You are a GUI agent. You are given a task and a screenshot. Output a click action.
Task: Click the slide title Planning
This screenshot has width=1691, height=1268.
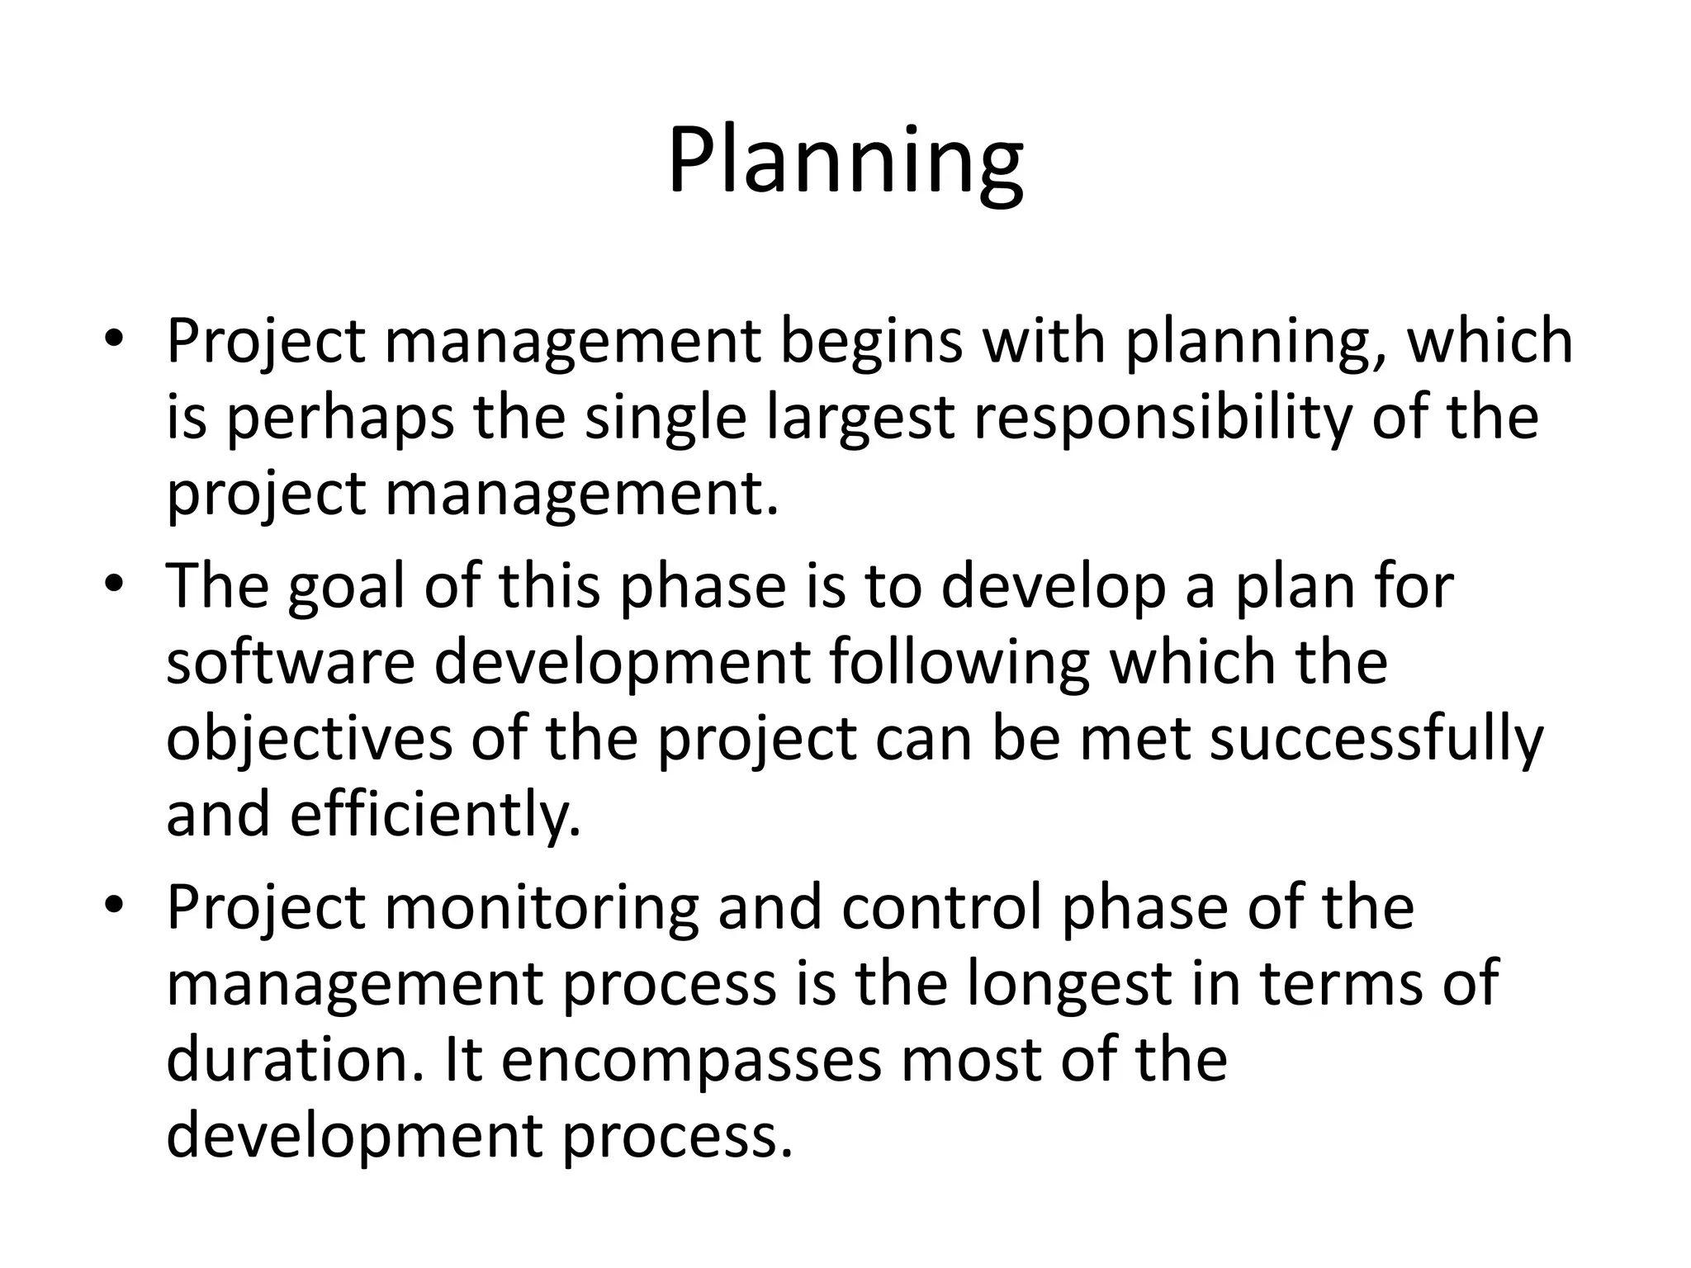845,161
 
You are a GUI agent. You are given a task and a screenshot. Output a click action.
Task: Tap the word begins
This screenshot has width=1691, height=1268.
871,343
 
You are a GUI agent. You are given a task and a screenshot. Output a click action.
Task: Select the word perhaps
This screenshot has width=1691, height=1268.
339,419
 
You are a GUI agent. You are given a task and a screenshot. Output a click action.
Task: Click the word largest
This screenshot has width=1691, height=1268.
860,419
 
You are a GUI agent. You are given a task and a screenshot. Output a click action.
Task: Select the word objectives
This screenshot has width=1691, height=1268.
309,738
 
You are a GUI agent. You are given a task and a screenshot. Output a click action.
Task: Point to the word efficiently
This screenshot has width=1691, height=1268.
435,814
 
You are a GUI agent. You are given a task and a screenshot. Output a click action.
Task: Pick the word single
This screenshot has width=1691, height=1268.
666,419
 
